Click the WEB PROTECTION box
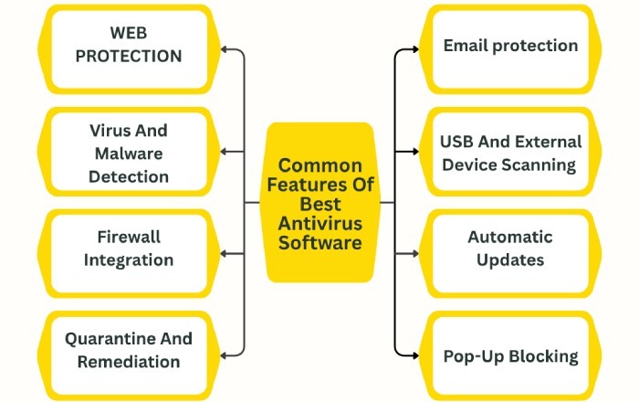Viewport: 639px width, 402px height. (129, 45)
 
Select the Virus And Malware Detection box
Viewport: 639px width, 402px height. (129, 153)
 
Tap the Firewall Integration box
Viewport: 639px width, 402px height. (129, 248)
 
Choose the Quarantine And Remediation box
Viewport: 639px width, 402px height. (129, 350)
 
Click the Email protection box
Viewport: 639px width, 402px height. (510, 45)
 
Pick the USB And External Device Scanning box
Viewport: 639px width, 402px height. (510, 153)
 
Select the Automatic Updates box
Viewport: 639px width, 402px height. (510, 248)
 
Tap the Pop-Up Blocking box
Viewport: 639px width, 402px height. (510, 355)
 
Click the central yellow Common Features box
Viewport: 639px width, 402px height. (319, 203)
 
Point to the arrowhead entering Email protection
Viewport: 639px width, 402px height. (412, 50)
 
